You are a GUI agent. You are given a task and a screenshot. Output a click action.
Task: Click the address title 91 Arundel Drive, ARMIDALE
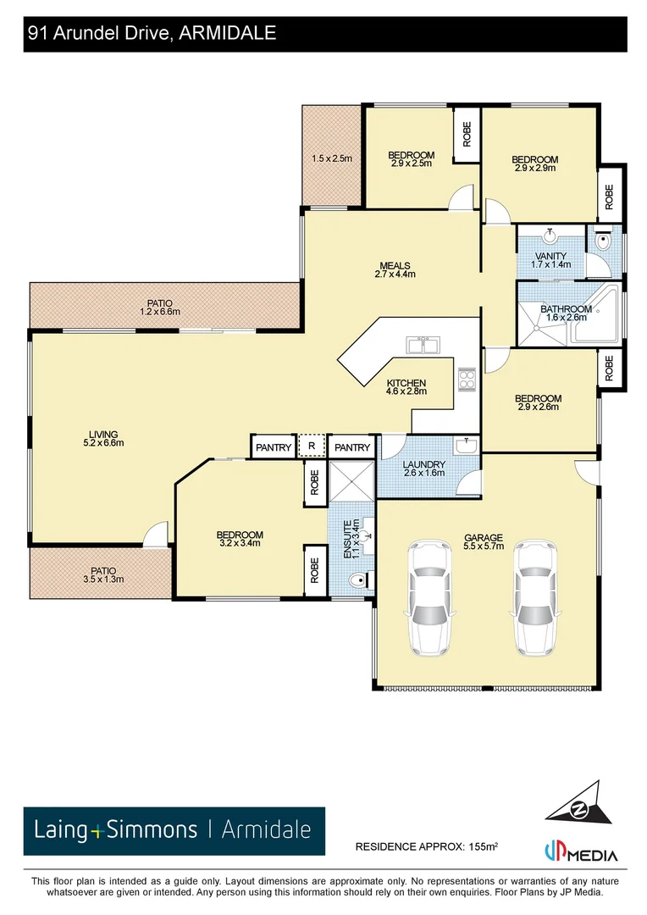pos(152,34)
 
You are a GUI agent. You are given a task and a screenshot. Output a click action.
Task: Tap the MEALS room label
pos(395,269)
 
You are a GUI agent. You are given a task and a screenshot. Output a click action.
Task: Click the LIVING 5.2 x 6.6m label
pos(100,438)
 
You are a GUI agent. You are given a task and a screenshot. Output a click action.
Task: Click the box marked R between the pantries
pos(312,446)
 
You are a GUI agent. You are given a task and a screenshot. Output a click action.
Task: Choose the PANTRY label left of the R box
pos(274,447)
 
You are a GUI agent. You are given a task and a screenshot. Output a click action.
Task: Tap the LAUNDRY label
pos(424,469)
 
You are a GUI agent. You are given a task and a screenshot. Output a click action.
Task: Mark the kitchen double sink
pos(422,345)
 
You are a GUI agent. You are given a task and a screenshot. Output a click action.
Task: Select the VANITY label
pos(550,260)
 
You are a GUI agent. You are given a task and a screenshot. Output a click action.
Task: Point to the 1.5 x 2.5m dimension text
pos(332,158)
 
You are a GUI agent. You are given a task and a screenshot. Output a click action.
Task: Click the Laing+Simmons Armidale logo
pos(174,829)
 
